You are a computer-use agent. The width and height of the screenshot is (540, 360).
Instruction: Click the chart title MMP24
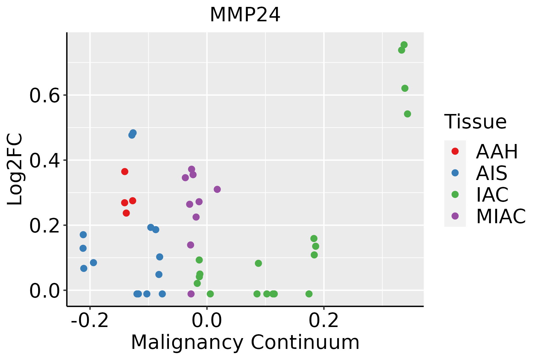[x=245, y=15]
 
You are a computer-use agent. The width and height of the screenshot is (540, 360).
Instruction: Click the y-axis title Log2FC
[x=15, y=169]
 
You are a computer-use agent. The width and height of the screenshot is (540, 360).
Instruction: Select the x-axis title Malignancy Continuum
[x=245, y=342]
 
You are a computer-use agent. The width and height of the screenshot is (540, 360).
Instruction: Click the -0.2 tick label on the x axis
[x=90, y=321]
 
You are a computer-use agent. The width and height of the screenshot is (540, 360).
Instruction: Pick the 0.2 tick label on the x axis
[x=324, y=321]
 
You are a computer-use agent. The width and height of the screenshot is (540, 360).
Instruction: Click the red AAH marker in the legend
[x=455, y=151]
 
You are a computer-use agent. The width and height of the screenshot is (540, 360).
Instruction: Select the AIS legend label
[x=491, y=173]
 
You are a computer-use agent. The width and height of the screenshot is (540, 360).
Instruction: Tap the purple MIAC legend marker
[x=455, y=216]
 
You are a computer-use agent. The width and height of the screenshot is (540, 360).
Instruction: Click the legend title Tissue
[x=475, y=122]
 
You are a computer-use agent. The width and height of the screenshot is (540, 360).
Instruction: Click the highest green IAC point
[x=404, y=45]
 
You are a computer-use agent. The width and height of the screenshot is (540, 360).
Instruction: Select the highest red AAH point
[x=125, y=172]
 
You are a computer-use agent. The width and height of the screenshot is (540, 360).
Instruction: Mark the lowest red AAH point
[x=126, y=213]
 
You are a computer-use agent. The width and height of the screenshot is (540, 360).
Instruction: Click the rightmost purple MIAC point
[x=217, y=189]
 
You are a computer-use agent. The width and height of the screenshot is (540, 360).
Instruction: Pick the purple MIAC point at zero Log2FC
[x=191, y=294]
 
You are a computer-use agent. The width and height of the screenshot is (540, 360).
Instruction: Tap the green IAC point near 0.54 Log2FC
[x=407, y=114]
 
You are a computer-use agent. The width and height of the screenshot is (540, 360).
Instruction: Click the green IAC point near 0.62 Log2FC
[x=405, y=88]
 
